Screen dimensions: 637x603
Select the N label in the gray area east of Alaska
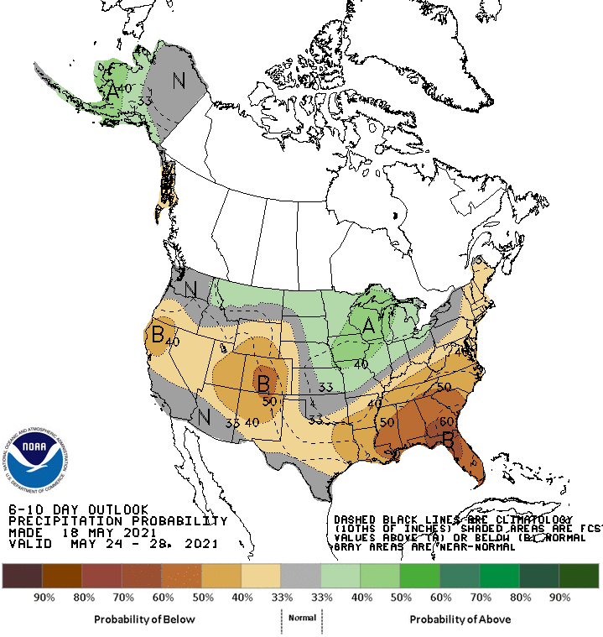click(178, 81)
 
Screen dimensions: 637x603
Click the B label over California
click(157, 336)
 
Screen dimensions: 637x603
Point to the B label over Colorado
click(263, 384)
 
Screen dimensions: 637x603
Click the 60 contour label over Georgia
click(447, 420)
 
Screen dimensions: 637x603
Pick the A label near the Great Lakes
click(367, 329)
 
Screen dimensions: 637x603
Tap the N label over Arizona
click(203, 416)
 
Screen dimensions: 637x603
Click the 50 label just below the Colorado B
click(269, 402)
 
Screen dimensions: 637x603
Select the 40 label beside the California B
click(173, 342)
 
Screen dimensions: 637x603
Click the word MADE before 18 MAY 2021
click(23, 532)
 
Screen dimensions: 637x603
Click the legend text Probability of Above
click(460, 619)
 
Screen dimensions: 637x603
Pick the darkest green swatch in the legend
click(578, 576)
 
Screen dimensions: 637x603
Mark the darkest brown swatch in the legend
click(23, 576)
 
